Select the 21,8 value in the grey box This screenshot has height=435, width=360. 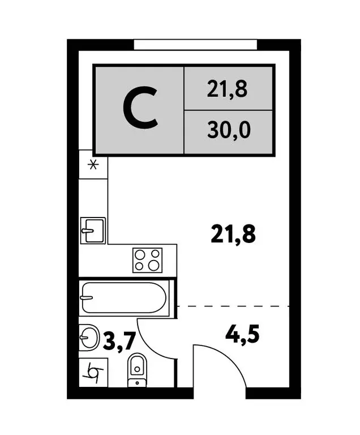[228, 89]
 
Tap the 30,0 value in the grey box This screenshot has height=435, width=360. [228, 131]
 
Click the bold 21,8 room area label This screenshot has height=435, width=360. [233, 233]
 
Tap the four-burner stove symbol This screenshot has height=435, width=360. [147, 261]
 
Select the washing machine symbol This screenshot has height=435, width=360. [92, 373]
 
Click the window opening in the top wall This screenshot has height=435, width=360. [196, 45]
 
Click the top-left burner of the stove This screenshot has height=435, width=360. [140, 254]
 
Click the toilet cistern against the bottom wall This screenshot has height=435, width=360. [137, 383]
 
